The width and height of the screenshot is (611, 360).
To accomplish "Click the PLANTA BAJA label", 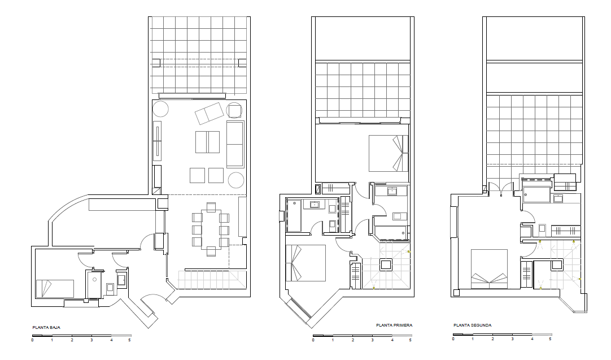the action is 46,328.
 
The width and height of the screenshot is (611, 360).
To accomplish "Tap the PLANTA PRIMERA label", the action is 394,326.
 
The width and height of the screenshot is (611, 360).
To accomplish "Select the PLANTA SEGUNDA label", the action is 472,326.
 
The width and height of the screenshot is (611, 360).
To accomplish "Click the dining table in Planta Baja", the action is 211,229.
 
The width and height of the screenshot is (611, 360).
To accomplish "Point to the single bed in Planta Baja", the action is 55,289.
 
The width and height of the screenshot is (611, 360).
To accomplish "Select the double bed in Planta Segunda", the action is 489,269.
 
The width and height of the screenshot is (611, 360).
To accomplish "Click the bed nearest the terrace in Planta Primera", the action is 389,153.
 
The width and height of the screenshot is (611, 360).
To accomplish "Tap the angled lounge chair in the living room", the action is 210,114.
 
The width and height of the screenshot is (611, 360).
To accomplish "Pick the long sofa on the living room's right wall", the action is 235,144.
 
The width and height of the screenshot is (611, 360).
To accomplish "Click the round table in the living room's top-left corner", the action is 160,109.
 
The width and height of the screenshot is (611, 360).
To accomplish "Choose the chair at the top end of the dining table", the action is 211,207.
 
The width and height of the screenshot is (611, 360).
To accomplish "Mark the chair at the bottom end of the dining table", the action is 211,251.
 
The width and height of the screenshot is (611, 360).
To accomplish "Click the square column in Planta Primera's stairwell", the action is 386,265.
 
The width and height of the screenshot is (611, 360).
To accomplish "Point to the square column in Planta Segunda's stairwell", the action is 557,265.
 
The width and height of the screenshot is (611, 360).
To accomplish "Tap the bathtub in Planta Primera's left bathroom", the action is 294,215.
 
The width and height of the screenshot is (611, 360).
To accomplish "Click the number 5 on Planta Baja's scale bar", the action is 129,340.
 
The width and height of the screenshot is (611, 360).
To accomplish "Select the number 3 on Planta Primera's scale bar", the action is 372,340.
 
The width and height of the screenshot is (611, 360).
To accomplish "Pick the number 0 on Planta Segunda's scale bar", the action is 453,339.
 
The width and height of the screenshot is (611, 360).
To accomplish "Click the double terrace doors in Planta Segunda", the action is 501,187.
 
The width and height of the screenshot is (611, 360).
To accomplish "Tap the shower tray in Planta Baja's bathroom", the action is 94,285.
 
